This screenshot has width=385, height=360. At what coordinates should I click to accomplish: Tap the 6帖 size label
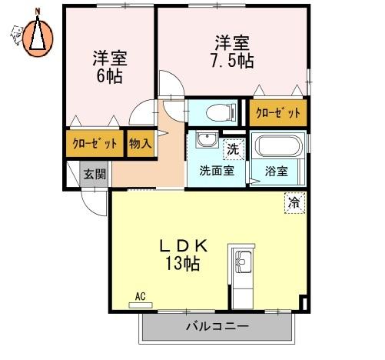coord(109,76)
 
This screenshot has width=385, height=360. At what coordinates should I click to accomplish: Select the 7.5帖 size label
coord(232,61)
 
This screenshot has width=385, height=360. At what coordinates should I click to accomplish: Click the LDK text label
coord(184,246)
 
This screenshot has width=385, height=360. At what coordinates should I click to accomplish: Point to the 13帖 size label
coord(183,263)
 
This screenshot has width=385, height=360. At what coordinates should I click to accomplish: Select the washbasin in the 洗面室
coord(207,140)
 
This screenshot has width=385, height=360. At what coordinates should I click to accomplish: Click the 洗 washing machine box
coord(234,149)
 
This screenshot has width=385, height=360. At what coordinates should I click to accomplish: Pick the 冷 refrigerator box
coord(295,203)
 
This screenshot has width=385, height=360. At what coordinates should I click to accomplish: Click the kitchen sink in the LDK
coord(244,262)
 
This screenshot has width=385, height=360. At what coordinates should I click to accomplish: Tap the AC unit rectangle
coord(141,305)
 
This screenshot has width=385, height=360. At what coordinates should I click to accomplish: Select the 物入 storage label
coord(141,143)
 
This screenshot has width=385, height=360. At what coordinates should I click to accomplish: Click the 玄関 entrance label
coord(95,175)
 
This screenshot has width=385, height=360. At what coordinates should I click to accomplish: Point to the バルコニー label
coord(217,326)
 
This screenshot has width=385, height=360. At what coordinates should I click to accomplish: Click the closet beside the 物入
coord(95,143)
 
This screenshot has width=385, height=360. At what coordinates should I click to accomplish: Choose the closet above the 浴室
coord(278,112)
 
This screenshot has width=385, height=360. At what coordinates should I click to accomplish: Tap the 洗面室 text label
coord(217,171)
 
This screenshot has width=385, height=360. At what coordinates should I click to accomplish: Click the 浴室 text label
coord(277,171)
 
